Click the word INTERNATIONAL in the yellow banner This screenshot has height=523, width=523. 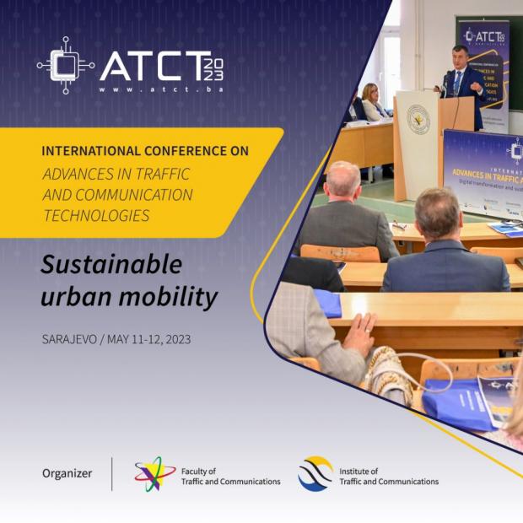click(x=92, y=151)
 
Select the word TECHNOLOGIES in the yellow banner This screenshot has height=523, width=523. click(x=96, y=215)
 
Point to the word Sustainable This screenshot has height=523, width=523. click(x=112, y=264)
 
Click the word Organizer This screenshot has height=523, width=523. click(x=67, y=473)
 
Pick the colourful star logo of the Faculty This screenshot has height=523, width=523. click(x=154, y=473)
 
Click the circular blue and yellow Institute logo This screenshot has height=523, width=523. click(x=315, y=473)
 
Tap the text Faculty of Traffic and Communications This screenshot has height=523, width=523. click(x=230, y=477)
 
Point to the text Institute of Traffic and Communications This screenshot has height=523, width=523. click(x=388, y=477)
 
